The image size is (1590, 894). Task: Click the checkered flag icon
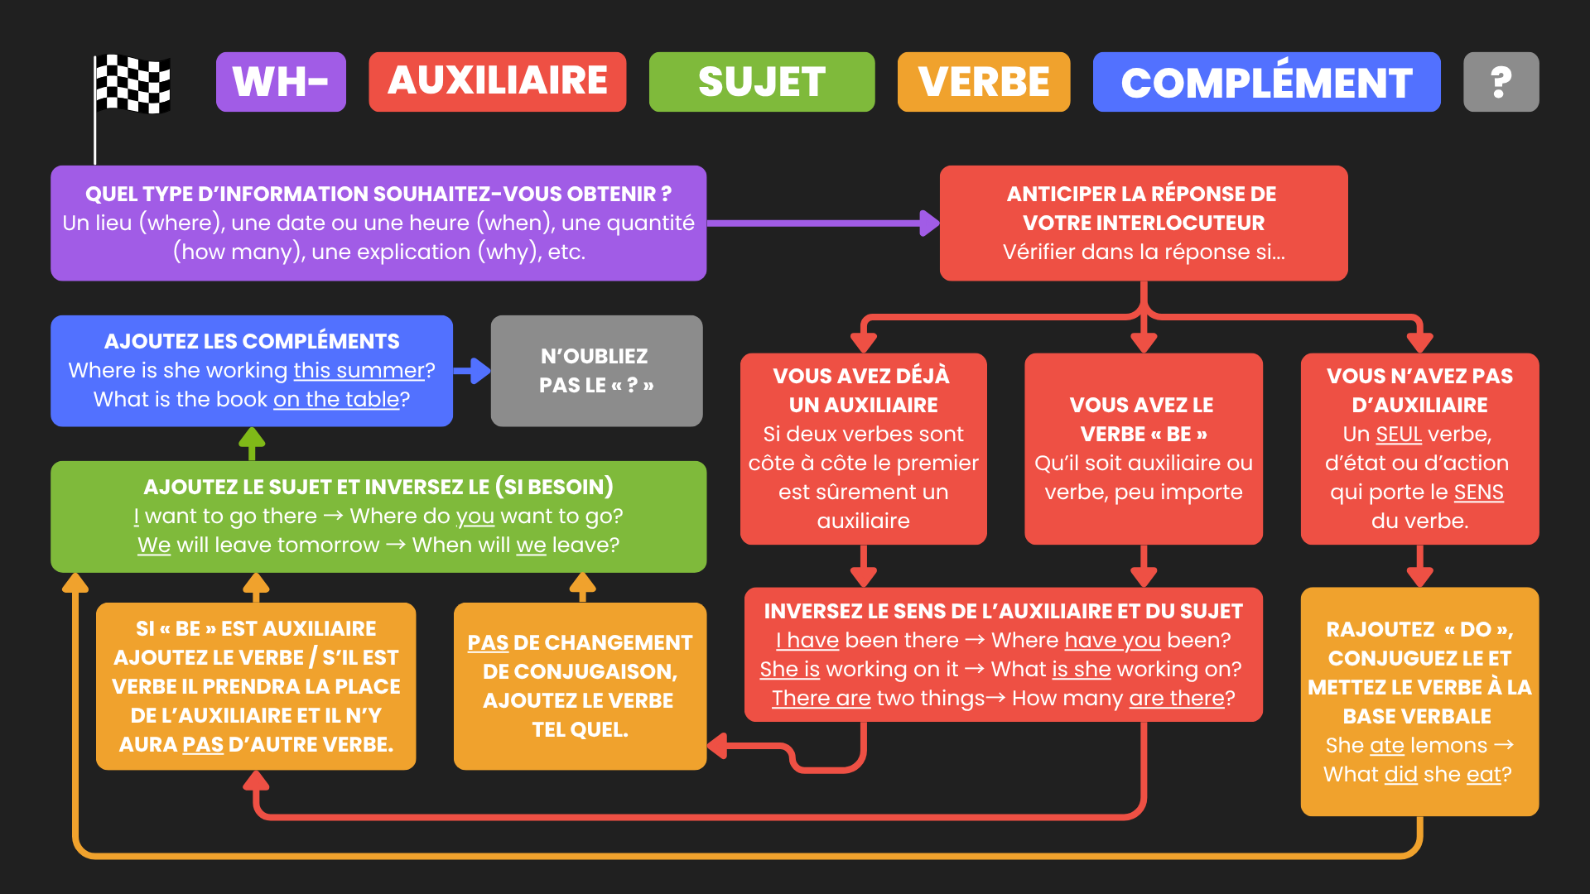pos(132,84)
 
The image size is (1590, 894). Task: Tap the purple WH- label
pos(281,82)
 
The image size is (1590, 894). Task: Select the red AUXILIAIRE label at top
pos(497,82)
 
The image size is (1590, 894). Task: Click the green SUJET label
pos(761,82)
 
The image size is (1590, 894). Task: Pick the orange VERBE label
pos(983,82)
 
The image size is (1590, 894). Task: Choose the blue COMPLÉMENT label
pos(1266,82)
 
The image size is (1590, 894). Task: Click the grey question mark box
pos(1501,82)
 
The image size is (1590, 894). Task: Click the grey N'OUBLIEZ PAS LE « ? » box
pos(596,371)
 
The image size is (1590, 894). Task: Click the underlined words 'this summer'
pos(359,370)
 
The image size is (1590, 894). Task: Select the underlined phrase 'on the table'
pos(336,399)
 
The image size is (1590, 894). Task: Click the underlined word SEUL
pos(1399,434)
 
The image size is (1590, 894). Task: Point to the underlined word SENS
pos(1478,492)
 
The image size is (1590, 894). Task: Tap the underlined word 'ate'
pos(1386,745)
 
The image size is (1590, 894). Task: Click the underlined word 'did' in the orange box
pos(1400,774)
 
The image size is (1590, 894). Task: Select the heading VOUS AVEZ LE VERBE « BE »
pos(1143,419)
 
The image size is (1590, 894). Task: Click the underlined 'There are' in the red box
pos(821,698)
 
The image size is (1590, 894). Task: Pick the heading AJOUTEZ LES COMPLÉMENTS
pos(252,341)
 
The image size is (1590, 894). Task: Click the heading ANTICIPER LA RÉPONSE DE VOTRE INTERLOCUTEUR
pos(1143,208)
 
